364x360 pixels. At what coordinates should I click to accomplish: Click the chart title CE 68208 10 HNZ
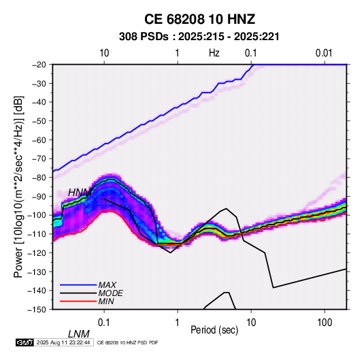[199, 19]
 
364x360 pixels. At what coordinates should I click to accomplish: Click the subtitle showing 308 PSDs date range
[199, 37]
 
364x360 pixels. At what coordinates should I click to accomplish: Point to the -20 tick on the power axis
[39, 65]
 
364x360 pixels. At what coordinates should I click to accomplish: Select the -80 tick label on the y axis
[39, 178]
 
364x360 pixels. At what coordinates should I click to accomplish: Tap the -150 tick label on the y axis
[37, 310]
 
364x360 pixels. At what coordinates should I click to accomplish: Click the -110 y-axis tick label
[37, 234]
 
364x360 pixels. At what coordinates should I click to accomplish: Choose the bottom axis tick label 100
[325, 323]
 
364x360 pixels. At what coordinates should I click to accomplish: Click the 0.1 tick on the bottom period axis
[104, 323]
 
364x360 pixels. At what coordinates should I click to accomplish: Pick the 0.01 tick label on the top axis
[324, 53]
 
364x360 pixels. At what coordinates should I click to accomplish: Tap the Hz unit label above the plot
[214, 53]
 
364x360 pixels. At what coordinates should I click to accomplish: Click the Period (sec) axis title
[214, 330]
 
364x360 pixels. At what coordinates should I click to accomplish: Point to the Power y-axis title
[18, 186]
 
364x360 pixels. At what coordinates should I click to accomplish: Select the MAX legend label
[107, 285]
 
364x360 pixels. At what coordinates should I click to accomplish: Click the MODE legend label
[110, 293]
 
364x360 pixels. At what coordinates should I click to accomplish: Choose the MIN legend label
[106, 301]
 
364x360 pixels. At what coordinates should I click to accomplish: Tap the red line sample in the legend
[78, 301]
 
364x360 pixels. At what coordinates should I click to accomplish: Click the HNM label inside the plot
[80, 193]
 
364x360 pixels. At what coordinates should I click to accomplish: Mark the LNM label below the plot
[79, 334]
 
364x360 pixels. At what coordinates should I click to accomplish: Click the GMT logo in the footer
[25, 342]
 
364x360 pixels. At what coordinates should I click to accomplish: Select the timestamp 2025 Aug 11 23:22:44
[63, 342]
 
